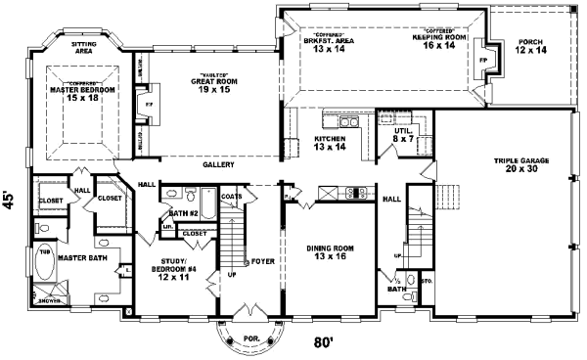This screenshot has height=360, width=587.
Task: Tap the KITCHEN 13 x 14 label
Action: point(330,143)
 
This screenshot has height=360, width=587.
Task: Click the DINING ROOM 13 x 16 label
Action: point(330,252)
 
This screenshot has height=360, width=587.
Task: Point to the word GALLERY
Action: point(219,165)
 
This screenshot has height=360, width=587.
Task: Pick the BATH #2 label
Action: point(183,212)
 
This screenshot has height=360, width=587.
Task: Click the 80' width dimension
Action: point(324,343)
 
